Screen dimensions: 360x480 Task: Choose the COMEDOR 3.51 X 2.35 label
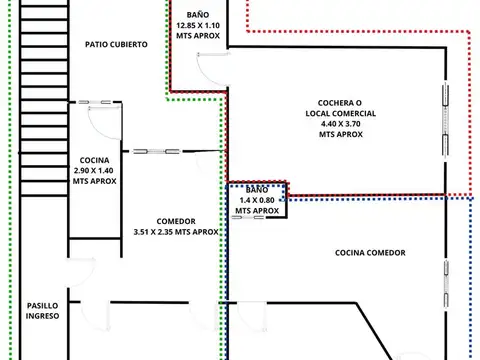175,226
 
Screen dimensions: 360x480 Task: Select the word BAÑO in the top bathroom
197,13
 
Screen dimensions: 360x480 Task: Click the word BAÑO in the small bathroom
256,188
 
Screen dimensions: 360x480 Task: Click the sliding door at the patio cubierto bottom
103,103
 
